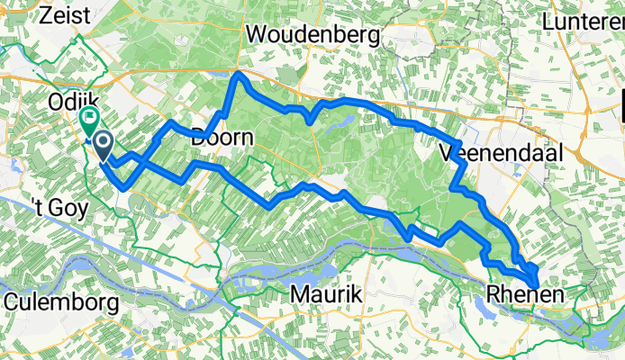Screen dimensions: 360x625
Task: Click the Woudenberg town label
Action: [314, 34]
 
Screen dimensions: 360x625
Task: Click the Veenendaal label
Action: [502, 154]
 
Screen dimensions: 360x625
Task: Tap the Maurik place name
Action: [324, 293]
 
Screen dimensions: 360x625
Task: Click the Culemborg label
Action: [61, 302]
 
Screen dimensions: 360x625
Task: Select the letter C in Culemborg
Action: [12, 302]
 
